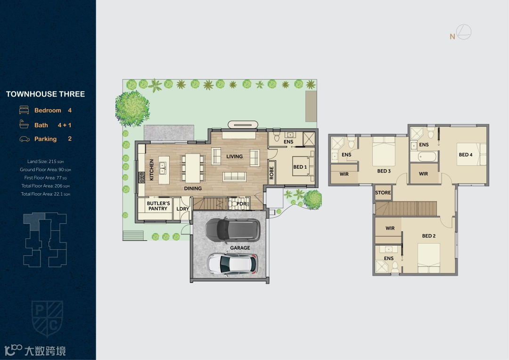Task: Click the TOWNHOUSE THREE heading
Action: [x=45, y=94]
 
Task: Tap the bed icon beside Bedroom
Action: [x=24, y=110]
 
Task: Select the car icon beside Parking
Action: [x=25, y=139]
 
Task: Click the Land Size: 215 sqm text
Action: [x=45, y=161]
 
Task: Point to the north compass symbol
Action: [x=464, y=32]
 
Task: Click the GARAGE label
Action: [x=240, y=248]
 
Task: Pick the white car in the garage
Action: [x=232, y=264]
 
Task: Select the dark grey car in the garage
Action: [x=233, y=229]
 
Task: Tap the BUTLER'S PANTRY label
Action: [x=158, y=206]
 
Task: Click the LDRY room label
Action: [x=183, y=209]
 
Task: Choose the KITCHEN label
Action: [x=151, y=170]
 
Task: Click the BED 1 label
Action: [x=300, y=167]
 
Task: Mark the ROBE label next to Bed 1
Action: [x=272, y=173]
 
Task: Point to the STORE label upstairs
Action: [x=383, y=193]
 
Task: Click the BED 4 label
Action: [x=466, y=155]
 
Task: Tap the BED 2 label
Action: [x=429, y=236]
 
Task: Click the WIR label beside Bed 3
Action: [x=344, y=174]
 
